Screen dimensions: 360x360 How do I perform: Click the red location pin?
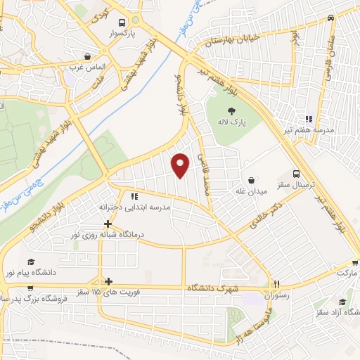(x=181, y=165)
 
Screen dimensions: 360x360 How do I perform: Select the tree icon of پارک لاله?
(x=231, y=110)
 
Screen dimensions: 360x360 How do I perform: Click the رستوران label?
(x=276, y=296)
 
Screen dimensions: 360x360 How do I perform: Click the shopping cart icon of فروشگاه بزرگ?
(x=30, y=288)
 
